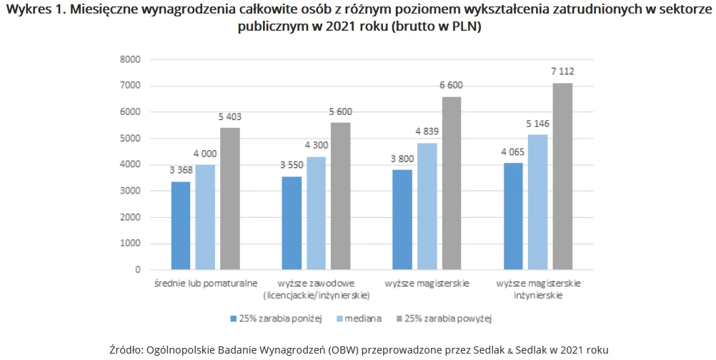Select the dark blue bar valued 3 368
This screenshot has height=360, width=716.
click(180, 226)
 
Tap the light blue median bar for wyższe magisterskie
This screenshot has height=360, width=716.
click(427, 206)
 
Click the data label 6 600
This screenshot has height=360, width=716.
click(451, 86)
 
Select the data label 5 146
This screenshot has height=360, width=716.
click(538, 124)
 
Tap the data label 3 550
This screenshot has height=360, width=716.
click(291, 166)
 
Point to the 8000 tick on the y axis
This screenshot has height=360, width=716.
click(130, 59)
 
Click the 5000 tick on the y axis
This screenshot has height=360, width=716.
click(130, 139)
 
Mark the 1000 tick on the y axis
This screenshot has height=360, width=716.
click(130, 244)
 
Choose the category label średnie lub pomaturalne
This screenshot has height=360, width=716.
click(206, 284)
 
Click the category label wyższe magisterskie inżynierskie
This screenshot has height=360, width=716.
click(539, 289)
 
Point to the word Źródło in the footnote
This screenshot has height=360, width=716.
click(126, 350)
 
